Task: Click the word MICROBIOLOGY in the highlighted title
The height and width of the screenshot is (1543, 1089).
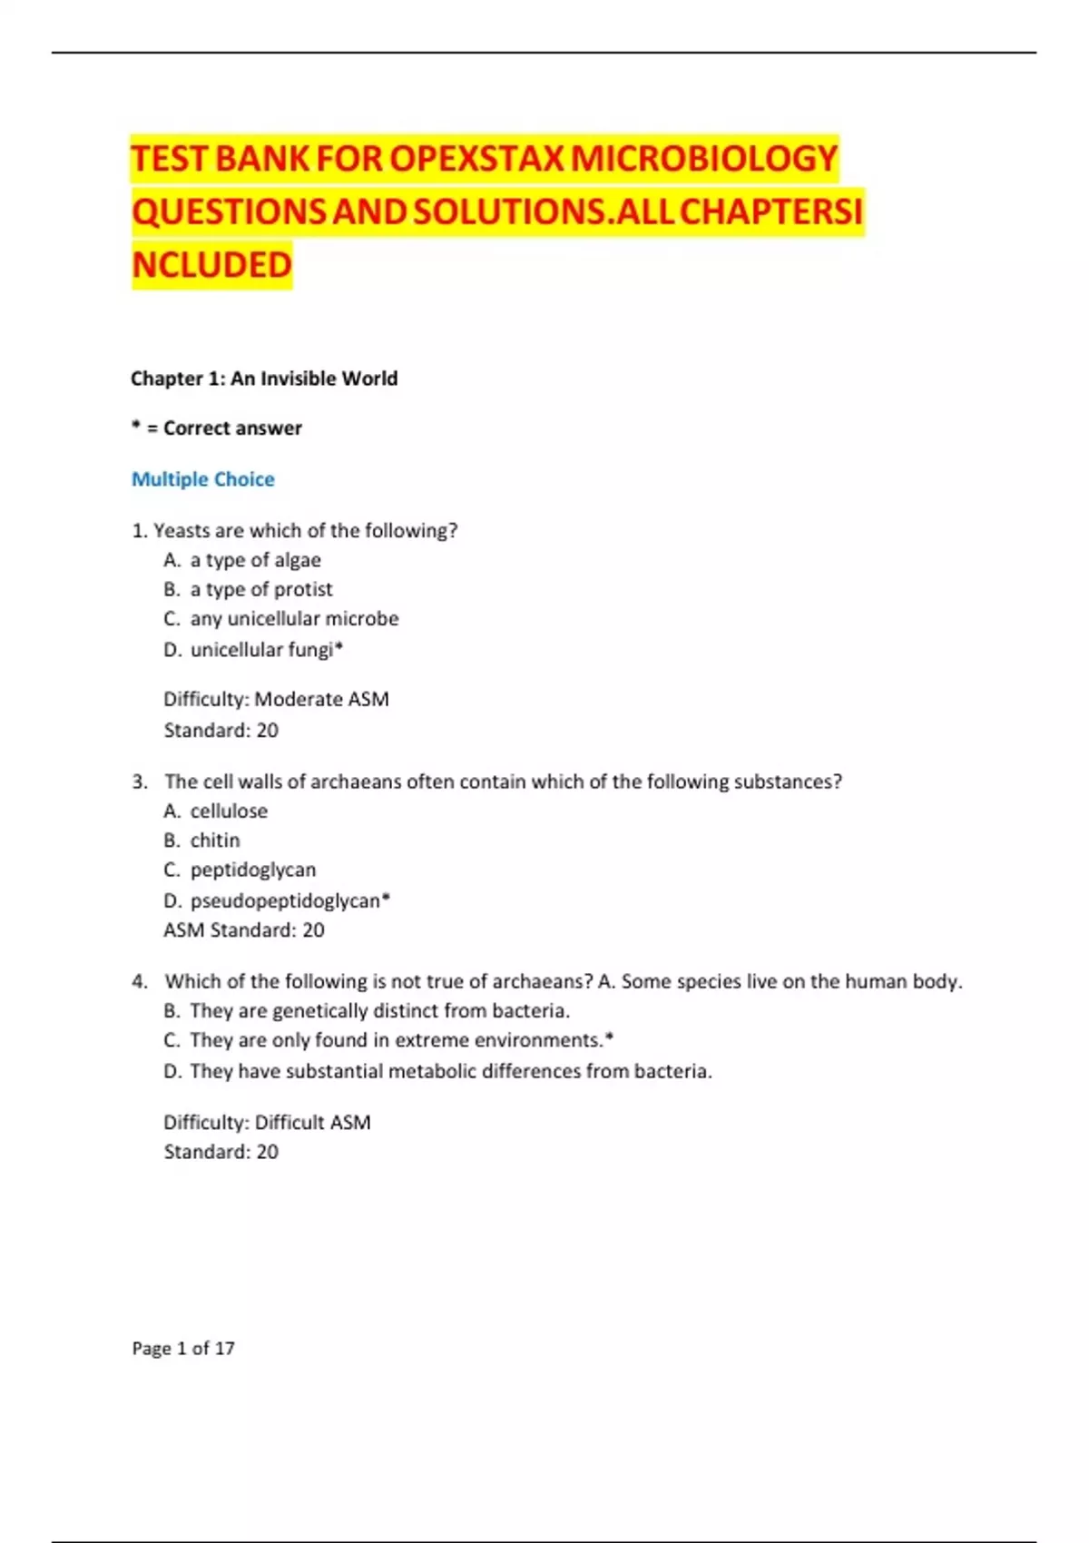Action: tap(704, 159)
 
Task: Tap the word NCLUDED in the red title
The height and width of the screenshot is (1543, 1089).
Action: tap(211, 265)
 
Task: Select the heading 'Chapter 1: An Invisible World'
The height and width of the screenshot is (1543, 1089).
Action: tap(264, 378)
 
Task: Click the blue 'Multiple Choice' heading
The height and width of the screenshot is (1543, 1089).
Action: tap(203, 479)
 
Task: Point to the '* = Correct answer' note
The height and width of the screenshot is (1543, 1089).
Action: tap(217, 428)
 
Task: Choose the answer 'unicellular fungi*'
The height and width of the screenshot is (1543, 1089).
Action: tap(266, 650)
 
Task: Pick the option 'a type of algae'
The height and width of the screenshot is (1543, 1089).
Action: tap(255, 560)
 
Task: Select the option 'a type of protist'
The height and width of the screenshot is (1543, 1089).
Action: tap(261, 590)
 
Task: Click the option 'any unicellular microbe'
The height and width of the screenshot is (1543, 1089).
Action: tap(294, 619)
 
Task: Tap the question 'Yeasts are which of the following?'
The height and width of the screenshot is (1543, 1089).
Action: tap(305, 531)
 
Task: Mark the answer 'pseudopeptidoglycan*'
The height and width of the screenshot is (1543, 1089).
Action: tap(289, 900)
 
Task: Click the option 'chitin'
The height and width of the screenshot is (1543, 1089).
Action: tap(215, 840)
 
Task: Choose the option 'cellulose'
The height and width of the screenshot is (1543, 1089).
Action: tap(229, 811)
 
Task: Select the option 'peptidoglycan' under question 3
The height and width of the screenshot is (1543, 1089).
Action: tap(253, 870)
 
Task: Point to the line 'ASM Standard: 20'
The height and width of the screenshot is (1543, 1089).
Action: tap(244, 930)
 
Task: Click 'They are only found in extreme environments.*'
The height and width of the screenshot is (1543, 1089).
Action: tap(401, 1040)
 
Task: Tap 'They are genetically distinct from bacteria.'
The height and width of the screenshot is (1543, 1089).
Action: tap(379, 1011)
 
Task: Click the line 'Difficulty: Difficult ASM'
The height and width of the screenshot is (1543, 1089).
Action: tap(267, 1123)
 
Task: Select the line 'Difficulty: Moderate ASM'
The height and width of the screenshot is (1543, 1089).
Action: tap(276, 700)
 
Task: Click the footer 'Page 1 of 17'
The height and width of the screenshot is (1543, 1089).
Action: tap(183, 1349)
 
